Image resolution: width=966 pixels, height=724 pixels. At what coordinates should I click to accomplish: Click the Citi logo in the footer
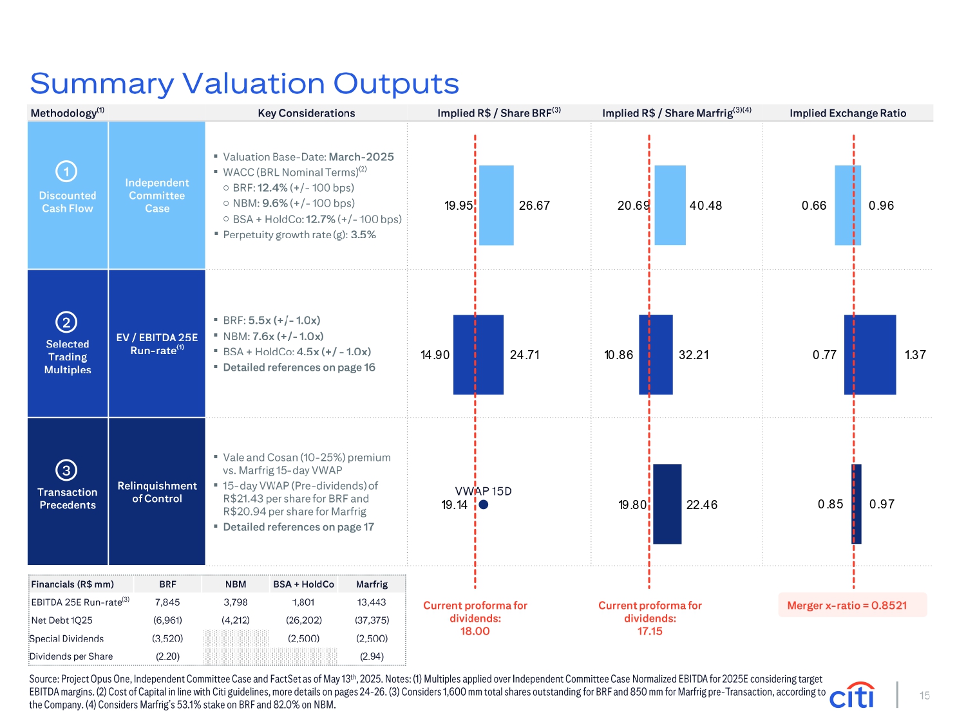853,696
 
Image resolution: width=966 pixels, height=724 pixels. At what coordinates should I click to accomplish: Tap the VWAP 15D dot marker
484,505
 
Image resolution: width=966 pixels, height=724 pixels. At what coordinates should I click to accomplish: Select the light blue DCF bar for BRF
496,205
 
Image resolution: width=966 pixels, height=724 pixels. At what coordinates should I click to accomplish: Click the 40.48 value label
706,206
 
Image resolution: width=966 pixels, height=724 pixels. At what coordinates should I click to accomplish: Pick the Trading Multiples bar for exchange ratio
870,355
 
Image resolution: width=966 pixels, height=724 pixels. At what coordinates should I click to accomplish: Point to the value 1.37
915,355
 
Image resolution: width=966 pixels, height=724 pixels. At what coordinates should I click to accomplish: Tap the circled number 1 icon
66,171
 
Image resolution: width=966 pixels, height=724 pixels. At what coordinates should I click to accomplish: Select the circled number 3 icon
66,470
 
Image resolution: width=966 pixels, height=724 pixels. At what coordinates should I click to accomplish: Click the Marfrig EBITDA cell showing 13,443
372,602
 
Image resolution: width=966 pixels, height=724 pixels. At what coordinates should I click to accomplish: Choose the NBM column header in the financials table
236,584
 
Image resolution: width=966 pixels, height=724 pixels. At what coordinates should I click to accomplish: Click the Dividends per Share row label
71,656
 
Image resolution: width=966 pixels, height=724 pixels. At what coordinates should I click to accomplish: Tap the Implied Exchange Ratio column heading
848,113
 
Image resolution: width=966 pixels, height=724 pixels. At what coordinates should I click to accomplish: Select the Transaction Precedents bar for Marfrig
667,504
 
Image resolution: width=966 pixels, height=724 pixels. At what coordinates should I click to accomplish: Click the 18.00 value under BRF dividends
475,631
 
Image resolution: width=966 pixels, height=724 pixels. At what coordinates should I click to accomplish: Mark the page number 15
925,696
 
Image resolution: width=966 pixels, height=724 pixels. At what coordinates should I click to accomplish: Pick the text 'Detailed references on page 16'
299,367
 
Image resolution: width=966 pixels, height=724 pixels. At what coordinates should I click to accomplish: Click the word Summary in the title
102,84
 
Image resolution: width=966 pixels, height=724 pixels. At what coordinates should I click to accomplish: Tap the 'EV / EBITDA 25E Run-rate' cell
157,344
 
